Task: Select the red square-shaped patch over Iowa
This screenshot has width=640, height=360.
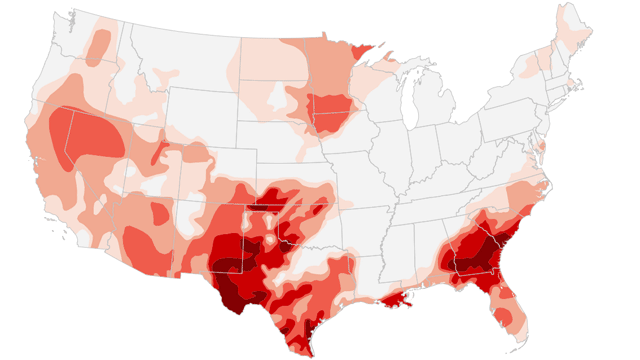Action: coord(327,109)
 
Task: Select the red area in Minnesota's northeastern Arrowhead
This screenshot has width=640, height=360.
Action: coord(364,51)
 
